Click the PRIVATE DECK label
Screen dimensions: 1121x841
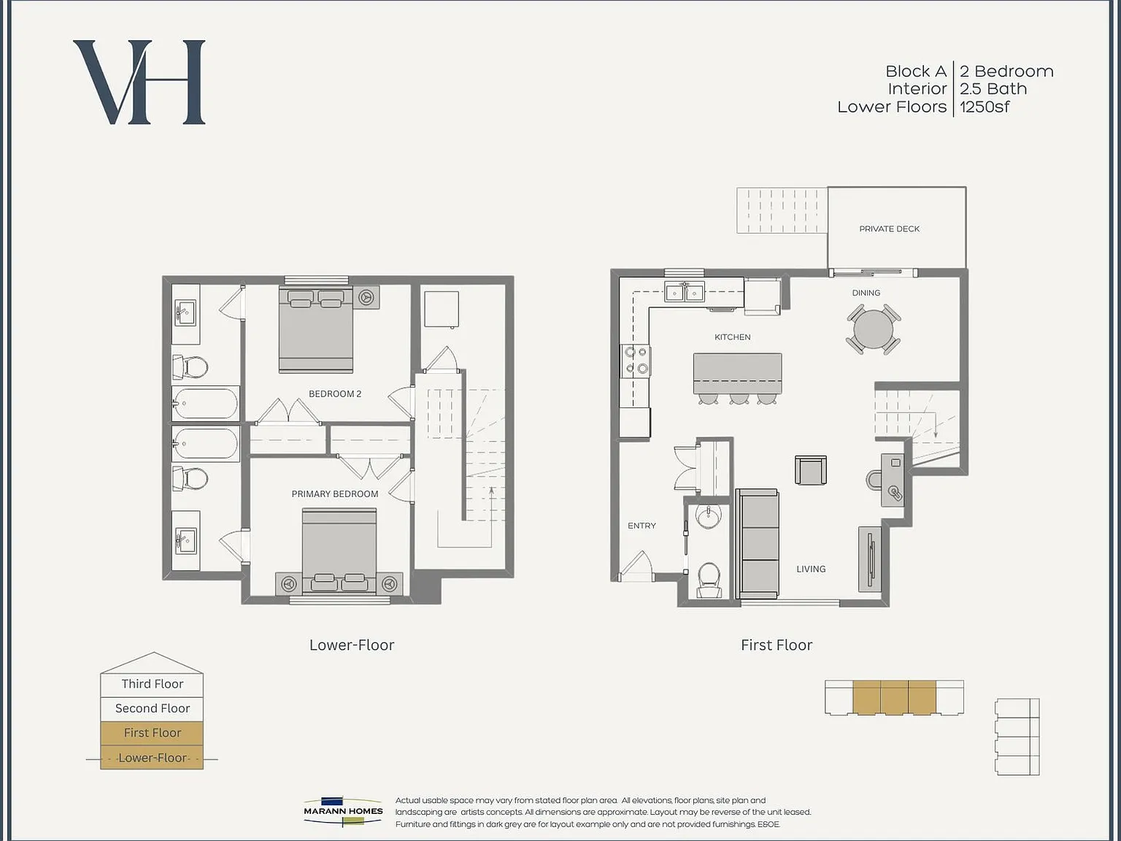point(889,229)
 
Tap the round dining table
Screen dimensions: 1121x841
point(874,329)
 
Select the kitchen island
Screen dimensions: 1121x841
point(737,373)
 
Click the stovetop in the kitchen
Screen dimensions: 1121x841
point(636,360)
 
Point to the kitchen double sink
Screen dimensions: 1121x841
point(685,292)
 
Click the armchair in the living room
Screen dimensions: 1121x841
point(811,469)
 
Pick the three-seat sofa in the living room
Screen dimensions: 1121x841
point(758,543)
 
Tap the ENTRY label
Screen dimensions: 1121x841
point(642,526)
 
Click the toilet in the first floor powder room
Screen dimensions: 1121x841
point(709,580)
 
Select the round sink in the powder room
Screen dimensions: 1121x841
point(709,515)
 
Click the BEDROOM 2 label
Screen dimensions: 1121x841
point(335,393)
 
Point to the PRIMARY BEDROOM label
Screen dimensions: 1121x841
point(335,494)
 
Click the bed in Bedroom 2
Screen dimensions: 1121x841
point(315,329)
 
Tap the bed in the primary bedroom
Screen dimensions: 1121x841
point(339,551)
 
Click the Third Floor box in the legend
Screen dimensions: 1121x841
point(153,684)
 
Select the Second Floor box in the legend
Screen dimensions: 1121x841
point(153,709)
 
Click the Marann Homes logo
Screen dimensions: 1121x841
point(343,811)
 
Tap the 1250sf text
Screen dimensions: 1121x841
point(984,107)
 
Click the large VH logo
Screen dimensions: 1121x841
point(139,82)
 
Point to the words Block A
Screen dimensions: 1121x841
point(916,71)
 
